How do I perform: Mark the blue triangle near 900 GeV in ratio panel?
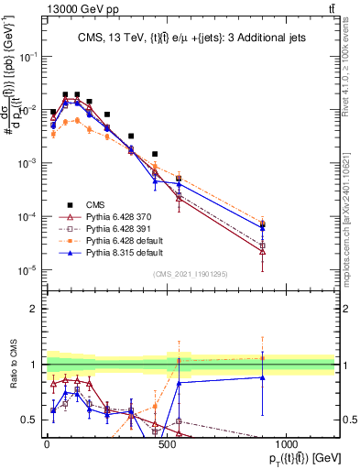(x=263, y=376)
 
